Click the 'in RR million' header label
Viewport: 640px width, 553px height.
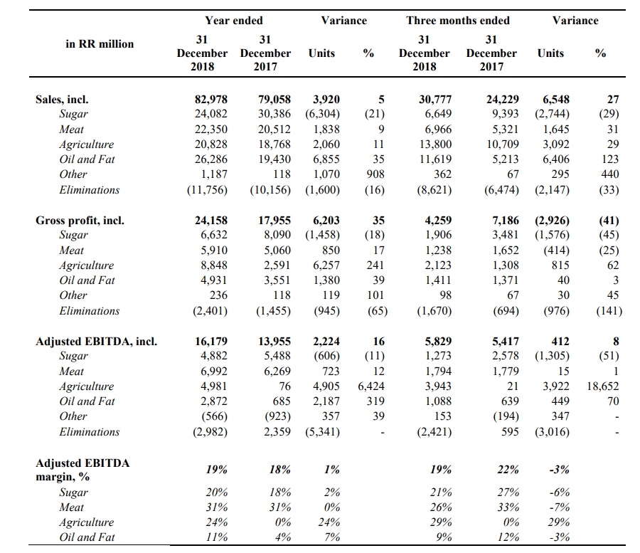coord(100,44)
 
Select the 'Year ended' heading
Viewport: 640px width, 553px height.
coord(233,21)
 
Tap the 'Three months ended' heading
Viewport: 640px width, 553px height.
coord(458,21)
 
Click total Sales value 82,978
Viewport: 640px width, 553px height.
coord(211,100)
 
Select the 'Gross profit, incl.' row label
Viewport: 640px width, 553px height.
coord(80,221)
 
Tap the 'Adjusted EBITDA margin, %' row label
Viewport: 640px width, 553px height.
coord(82,470)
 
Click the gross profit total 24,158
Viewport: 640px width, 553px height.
coord(211,221)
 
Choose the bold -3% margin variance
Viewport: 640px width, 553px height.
coord(558,470)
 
